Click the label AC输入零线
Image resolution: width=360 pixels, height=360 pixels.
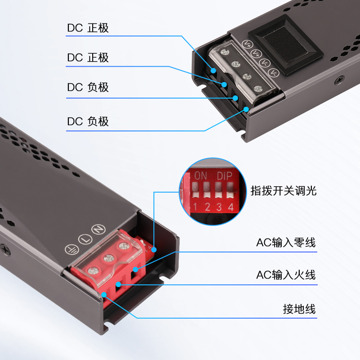pos(286,243)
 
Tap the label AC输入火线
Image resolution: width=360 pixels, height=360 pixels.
pos(286,275)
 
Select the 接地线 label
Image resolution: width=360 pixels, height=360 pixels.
pos(299,309)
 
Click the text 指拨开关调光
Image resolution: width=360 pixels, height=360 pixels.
pos(283,190)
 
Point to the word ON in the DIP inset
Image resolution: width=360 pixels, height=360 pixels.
pos(200,176)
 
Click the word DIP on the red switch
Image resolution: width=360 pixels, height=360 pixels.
pos(225,176)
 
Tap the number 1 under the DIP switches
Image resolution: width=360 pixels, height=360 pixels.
pos(195,207)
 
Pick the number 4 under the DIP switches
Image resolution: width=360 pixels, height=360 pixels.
pos(231,207)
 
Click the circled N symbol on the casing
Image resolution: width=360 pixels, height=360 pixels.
pos(99,229)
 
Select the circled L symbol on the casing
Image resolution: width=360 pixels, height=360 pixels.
pos(85,239)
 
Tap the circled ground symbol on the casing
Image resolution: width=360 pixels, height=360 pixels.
pos(72,249)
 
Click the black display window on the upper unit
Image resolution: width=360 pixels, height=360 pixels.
pos(286,45)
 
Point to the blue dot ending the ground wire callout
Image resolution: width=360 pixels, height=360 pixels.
pos(104,295)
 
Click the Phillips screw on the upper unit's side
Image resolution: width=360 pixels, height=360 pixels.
pos(340,80)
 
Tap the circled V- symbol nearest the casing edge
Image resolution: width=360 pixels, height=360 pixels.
pos(274,73)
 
